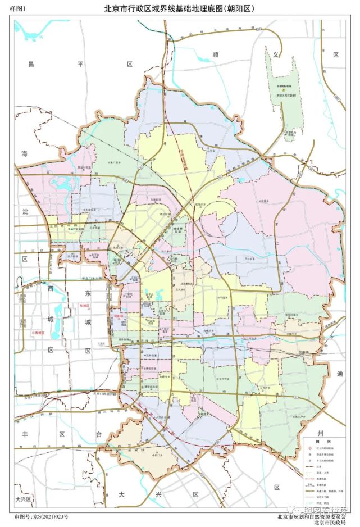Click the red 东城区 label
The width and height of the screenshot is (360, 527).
click(x=82, y=306)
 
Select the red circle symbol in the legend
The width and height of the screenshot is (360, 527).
click(x=309, y=448)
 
